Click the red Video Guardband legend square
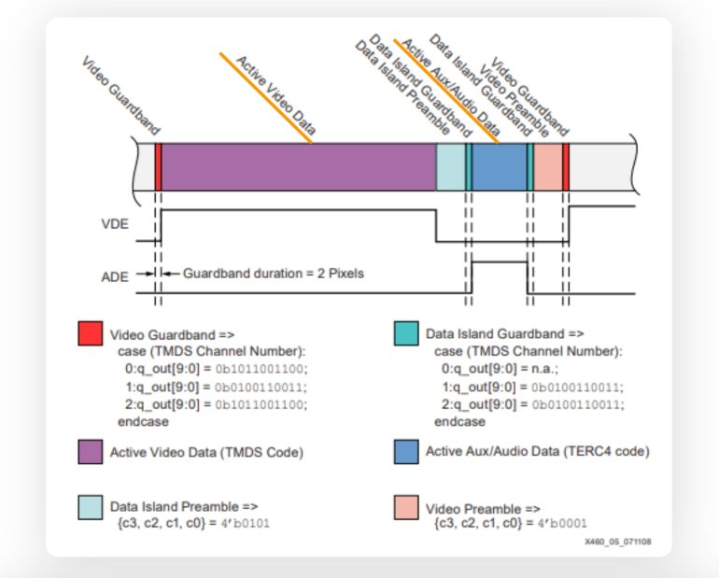(x=91, y=333)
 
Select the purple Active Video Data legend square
(x=91, y=452)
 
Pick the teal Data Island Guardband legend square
(x=406, y=333)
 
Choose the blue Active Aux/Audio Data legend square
(x=406, y=452)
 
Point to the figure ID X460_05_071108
(x=617, y=542)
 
